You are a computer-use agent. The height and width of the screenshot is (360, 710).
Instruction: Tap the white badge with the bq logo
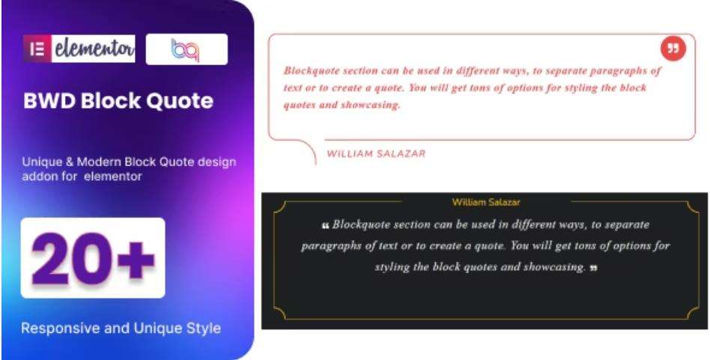click(x=185, y=51)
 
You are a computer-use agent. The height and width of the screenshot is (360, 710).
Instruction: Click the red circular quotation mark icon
click(x=673, y=49)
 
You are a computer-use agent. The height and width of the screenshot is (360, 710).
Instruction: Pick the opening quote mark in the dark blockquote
click(x=325, y=225)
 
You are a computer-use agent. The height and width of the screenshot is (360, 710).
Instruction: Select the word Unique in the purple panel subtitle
click(x=39, y=163)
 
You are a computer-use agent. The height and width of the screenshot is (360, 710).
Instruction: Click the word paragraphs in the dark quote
click(x=331, y=245)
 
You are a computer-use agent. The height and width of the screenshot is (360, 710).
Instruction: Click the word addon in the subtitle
click(x=38, y=178)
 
